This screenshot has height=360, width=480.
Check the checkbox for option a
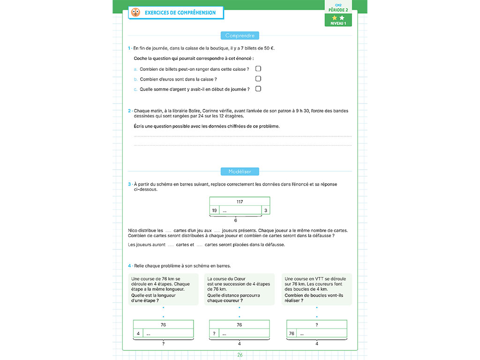[x=258, y=69]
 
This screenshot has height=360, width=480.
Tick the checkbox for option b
[x=258, y=79]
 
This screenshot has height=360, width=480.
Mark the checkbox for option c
[x=258, y=89]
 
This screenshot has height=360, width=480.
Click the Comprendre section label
[x=240, y=36]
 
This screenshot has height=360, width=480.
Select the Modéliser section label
[x=240, y=172]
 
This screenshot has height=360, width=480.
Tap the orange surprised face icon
[x=135, y=13]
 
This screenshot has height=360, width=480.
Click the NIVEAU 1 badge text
[x=338, y=23]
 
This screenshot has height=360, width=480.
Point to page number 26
[x=240, y=355]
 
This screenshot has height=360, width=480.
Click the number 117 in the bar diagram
[x=240, y=202]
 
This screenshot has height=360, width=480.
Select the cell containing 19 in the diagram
[x=214, y=210]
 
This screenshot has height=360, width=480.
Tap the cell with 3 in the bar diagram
[x=266, y=210]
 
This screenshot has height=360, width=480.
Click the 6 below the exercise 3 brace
[x=235, y=220]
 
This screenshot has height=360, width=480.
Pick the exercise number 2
[x=129, y=111]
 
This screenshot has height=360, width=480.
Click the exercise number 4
[x=129, y=266]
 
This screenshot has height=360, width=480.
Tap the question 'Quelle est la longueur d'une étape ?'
[x=148, y=298]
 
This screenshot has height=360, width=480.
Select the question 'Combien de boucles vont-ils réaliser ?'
[x=314, y=298]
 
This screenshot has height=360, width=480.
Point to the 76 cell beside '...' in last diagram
[x=292, y=334]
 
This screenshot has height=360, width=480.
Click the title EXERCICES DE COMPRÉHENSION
[x=180, y=13]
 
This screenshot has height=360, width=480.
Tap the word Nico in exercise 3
[x=133, y=230]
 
